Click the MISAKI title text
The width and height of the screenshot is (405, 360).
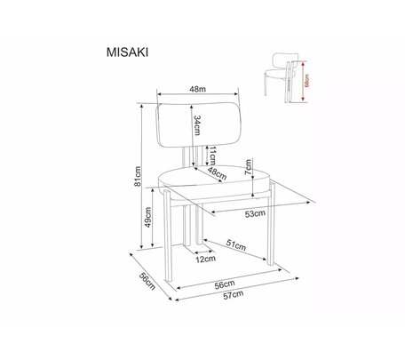click(x=127, y=52)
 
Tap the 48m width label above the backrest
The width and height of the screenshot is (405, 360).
click(x=198, y=89)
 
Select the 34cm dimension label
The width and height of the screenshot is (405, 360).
click(x=197, y=125)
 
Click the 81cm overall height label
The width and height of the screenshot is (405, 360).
click(x=138, y=177)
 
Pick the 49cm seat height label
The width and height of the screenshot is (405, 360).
click(x=148, y=217)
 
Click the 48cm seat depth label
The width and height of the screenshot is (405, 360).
click(x=217, y=173)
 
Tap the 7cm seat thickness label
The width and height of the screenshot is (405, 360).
click(x=248, y=167)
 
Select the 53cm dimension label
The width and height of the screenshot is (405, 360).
click(x=255, y=213)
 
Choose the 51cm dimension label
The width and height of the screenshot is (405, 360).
click(x=236, y=244)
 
